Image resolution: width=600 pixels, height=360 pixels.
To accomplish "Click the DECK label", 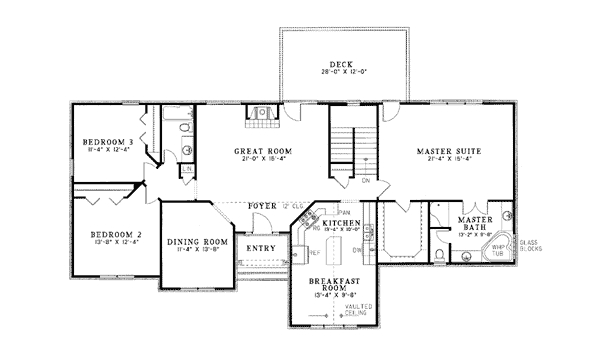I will tap(342, 64).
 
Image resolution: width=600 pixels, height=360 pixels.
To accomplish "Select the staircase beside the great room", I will tap(354, 149).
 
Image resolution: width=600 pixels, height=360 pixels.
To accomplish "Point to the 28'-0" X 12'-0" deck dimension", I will tap(342, 72).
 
